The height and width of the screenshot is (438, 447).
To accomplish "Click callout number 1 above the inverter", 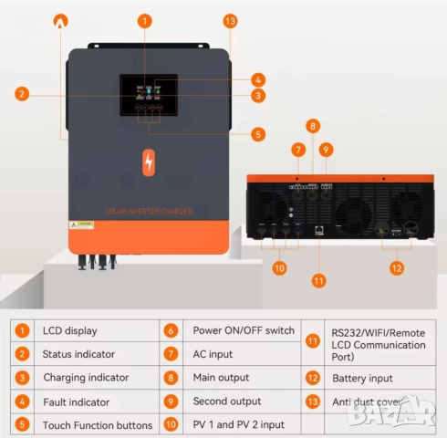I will (x=146, y=20).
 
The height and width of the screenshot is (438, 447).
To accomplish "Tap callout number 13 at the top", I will (x=230, y=20).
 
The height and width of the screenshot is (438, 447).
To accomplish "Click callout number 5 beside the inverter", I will (x=258, y=134).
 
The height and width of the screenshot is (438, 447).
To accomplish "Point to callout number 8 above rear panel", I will (x=312, y=126).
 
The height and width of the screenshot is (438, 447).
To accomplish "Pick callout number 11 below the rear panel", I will (x=317, y=280).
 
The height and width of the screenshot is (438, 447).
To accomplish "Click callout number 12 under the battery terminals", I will (x=395, y=268).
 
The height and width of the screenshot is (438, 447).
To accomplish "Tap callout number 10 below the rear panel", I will (x=279, y=268).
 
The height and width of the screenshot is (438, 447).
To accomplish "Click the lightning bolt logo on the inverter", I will (x=149, y=162).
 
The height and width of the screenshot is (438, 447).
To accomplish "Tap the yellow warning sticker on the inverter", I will (x=84, y=223).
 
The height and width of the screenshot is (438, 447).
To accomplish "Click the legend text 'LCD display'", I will (x=70, y=330).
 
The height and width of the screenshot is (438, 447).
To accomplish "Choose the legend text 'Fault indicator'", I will (x=77, y=401).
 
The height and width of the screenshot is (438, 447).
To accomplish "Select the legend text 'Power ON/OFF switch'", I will (x=243, y=330).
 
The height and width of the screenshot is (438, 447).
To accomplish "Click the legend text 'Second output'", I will (x=225, y=401).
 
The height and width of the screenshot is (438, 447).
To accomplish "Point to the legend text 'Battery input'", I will (x=362, y=378).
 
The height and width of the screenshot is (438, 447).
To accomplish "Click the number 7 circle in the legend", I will (x=171, y=354).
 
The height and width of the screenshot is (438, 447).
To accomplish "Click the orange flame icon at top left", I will (x=61, y=19).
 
